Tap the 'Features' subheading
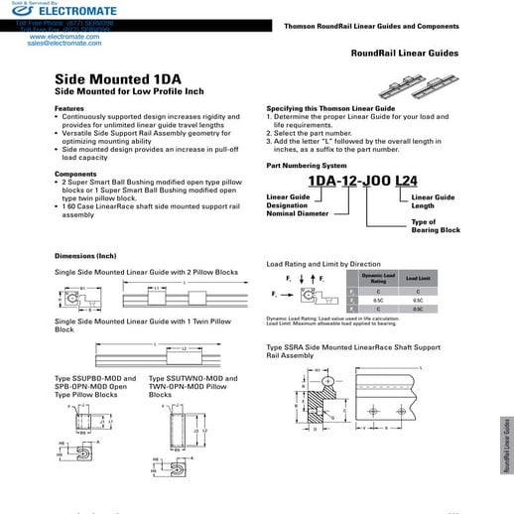click(x=68, y=107)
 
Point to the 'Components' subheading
click(x=75, y=173)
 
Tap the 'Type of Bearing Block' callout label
click(x=436, y=225)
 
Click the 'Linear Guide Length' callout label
click(x=433, y=201)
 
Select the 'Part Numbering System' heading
click(x=307, y=165)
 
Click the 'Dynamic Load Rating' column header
click(x=378, y=280)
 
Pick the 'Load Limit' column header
click(x=418, y=280)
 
